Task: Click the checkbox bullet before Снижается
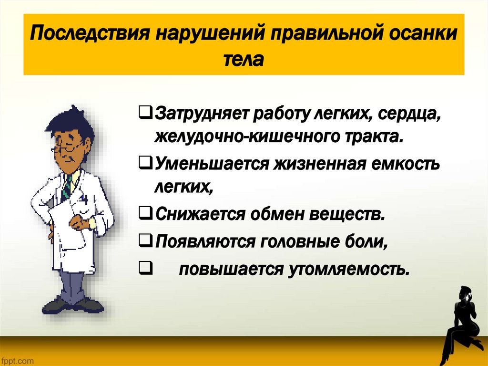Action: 144,212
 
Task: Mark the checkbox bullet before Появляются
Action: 144,241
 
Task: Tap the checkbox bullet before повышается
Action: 144,269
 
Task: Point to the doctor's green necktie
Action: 67,186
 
